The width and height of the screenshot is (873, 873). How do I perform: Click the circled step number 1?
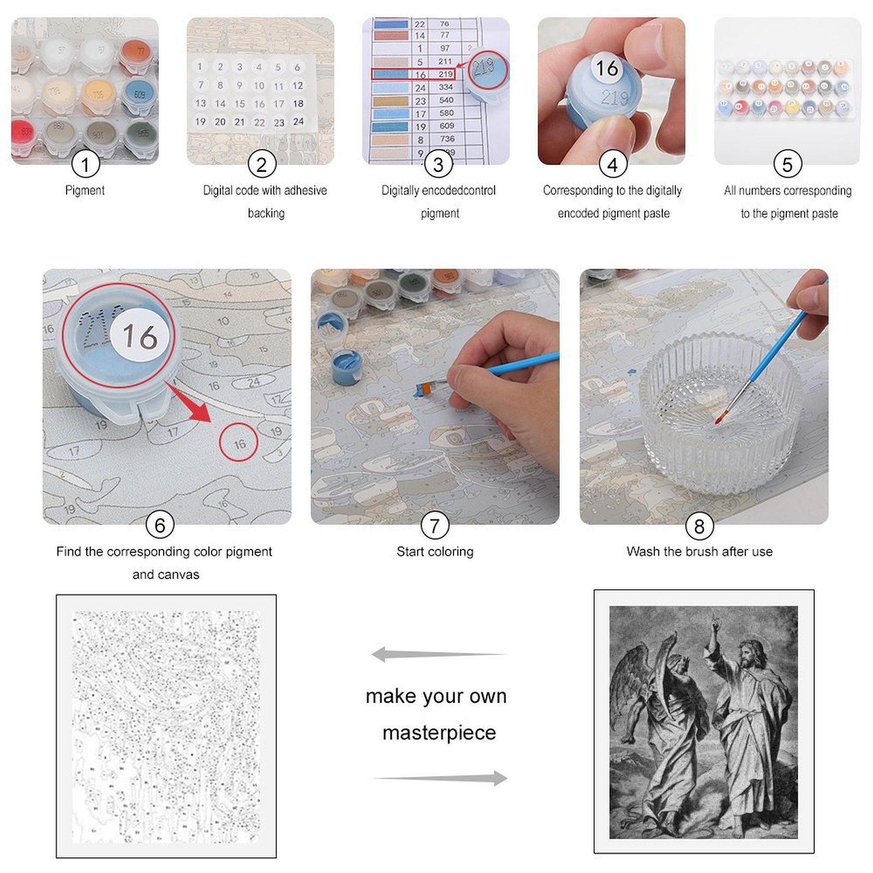point(85,164)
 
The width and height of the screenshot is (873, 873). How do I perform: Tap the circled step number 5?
point(787,164)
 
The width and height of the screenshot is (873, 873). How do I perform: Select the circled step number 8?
point(699,526)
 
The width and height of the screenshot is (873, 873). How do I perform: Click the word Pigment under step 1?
point(85,190)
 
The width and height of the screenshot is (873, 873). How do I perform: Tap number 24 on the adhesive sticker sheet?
point(298,122)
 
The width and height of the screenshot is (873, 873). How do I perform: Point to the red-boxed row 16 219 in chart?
point(414,74)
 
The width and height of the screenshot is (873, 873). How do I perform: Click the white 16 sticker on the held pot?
point(607,69)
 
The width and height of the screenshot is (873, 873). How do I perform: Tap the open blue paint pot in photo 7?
point(346,366)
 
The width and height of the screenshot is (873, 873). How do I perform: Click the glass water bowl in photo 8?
point(720,415)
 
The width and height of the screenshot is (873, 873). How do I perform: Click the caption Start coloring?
point(435,552)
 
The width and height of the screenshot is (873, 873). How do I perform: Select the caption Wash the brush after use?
point(699,552)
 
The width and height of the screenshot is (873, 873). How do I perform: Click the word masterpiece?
point(439,732)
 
